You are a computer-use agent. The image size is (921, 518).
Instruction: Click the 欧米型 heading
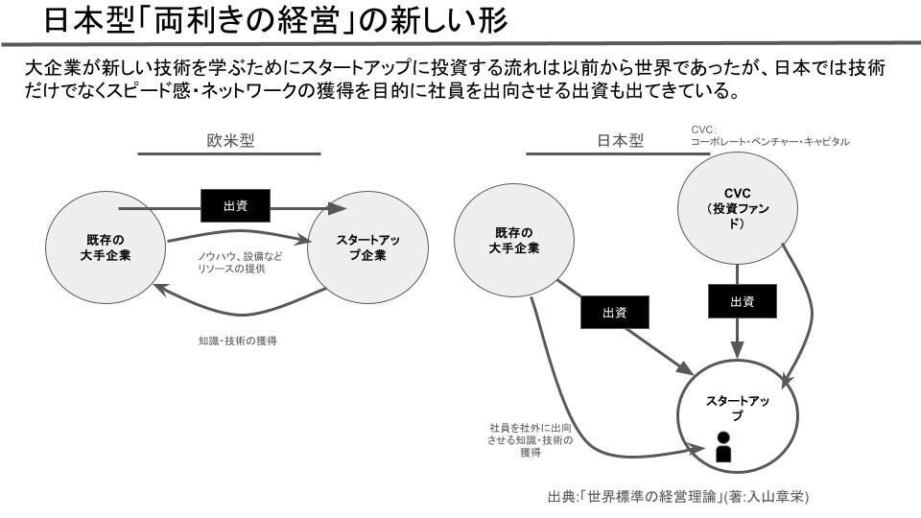click(230, 140)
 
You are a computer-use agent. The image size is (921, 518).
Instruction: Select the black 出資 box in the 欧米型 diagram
click(235, 204)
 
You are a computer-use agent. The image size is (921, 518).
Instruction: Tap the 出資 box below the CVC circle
click(742, 302)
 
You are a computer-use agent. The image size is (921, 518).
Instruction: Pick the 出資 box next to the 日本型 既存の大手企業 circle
click(614, 313)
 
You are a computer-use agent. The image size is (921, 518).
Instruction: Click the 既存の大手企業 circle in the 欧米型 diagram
click(105, 247)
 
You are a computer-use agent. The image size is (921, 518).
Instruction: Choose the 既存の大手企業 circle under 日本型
click(517, 241)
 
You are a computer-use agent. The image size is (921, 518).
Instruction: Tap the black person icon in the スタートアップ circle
click(723, 447)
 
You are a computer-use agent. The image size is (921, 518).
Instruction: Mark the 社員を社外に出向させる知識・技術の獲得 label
click(531, 439)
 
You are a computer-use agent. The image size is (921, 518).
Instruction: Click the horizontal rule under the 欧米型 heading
click(230, 154)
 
